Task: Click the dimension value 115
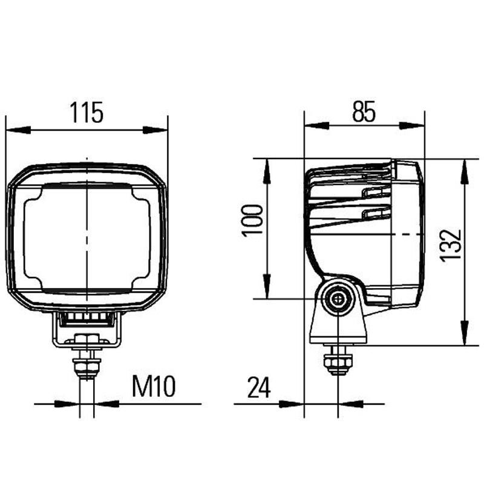(87, 113)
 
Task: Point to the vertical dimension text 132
(450, 245)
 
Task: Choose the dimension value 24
(259, 388)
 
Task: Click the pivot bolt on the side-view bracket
(337, 299)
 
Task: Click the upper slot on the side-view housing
(376, 192)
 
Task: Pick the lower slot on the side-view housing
(376, 213)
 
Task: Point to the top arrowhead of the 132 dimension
(465, 170)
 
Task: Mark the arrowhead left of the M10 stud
(68, 404)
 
